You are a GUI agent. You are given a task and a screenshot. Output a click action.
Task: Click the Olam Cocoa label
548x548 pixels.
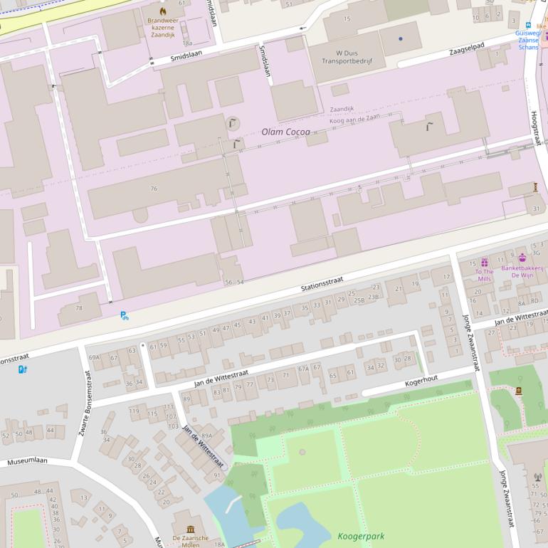coord(285,132)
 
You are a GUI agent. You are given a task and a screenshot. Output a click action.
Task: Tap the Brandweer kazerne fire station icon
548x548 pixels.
coord(163,11)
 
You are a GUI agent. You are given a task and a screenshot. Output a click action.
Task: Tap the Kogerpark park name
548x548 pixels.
coord(361,535)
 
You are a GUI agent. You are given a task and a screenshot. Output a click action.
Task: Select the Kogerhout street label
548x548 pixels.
coord(422,380)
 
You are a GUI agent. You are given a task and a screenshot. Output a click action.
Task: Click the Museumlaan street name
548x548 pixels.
coord(27,460)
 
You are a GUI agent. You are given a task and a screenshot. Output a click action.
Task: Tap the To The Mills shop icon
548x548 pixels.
coord(485,263)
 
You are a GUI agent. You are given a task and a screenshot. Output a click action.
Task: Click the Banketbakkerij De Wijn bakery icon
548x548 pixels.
coord(522,258)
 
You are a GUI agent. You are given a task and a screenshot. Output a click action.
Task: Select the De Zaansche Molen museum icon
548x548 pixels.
coord(191,529)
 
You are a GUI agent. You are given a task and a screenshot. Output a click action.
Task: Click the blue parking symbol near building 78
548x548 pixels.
coord(125,315)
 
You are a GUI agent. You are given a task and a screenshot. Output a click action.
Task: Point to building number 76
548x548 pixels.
coord(154,189)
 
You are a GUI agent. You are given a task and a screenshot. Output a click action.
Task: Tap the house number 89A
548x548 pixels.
coord(206,436)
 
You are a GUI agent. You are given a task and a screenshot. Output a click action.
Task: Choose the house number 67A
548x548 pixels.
coord(304,369)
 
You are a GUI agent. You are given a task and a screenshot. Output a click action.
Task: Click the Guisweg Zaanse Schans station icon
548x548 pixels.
coord(528,24)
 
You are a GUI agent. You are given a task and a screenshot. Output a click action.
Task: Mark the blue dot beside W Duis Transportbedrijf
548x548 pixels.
coord(401,38)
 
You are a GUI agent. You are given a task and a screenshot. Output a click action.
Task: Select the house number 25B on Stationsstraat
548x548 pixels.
coord(359,300)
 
